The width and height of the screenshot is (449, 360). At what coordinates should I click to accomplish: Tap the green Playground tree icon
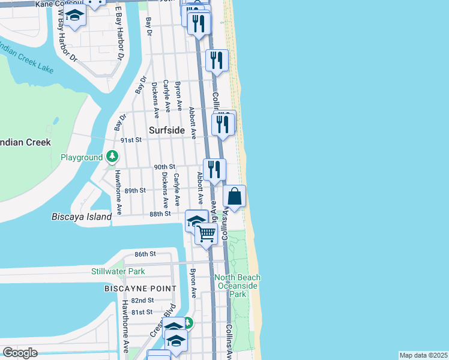pyautogui.click(x=112, y=157)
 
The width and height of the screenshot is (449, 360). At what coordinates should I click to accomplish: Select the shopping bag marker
pyautogui.click(x=235, y=196)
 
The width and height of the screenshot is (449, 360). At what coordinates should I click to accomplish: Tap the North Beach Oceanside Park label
pyautogui.click(x=238, y=286)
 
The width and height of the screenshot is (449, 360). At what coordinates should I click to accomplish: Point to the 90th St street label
pyautogui.click(x=164, y=167)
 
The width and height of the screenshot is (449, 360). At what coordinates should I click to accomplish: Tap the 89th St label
pyautogui.click(x=135, y=191)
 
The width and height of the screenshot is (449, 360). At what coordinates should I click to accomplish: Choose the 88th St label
pyautogui.click(x=160, y=214)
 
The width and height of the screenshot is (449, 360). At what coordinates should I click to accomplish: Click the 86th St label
pyautogui.click(x=145, y=254)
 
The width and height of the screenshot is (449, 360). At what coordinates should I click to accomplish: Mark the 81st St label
pyautogui.click(x=142, y=312)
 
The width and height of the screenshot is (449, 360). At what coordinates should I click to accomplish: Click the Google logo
pyautogui.click(x=20, y=353)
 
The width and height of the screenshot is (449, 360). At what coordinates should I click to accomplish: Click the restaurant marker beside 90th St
pyautogui.click(x=214, y=169)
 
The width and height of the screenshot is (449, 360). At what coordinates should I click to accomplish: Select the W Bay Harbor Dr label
pyautogui.click(x=67, y=42)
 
